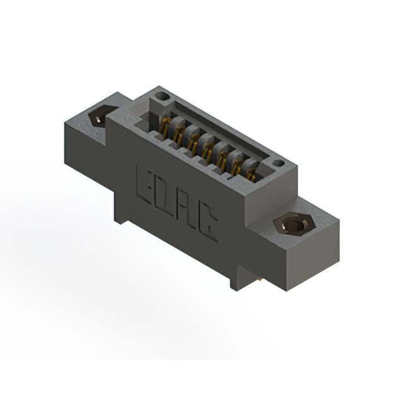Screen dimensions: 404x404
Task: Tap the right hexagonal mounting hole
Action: pos(292,225)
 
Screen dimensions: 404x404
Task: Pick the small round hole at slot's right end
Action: pos(275,165)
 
